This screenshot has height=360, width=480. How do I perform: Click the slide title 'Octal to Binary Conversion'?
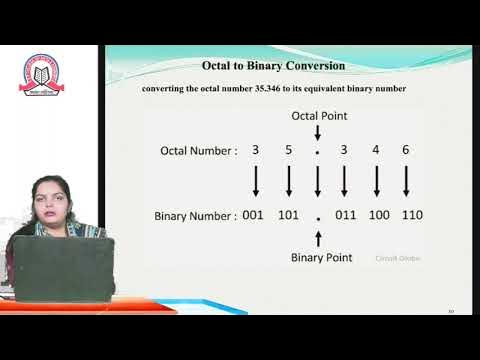(273, 66)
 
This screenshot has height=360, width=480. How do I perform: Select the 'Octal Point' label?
(318, 116)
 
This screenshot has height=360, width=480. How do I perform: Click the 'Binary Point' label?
(321, 257)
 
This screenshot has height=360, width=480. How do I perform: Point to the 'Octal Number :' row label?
(199, 151)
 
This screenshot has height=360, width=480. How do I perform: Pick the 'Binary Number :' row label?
(195, 215)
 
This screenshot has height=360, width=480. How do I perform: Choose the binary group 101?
(288, 215)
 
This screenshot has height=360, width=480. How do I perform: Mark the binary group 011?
(346, 215)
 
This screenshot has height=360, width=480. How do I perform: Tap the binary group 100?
(377, 215)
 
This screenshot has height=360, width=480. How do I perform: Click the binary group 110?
(408, 215)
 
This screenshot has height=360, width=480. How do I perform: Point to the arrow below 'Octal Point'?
(318, 133)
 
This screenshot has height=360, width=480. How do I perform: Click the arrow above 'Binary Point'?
(318, 238)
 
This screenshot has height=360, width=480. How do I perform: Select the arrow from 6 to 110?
(406, 182)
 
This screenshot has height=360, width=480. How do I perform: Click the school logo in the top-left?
(42, 72)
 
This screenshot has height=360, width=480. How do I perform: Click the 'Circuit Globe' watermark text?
(398, 258)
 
